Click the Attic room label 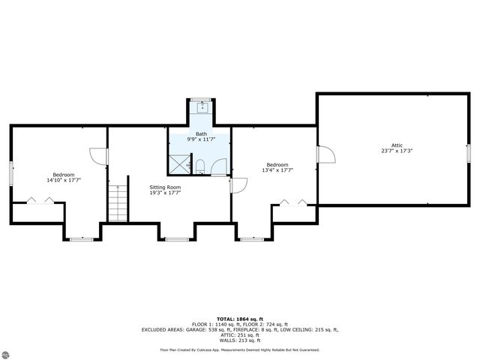(x=397, y=145)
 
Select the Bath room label (x=202, y=134)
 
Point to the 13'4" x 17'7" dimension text (x=277, y=170)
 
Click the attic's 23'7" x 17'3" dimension (x=397, y=151)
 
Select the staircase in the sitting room (x=118, y=203)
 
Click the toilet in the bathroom (x=200, y=165)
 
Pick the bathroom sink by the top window (x=200, y=107)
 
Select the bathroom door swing (x=219, y=166)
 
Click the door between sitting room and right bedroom (x=238, y=184)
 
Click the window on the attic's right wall (x=468, y=152)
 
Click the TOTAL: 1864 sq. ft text (x=240, y=319)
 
